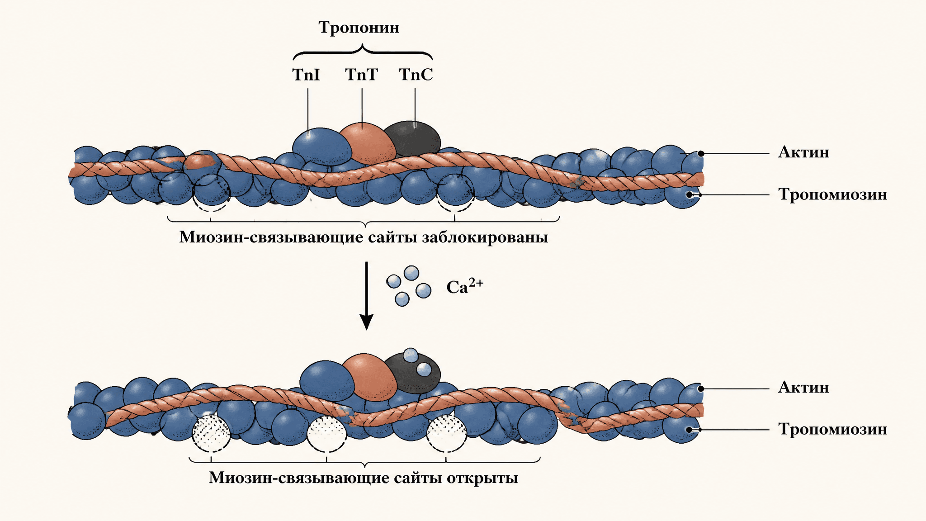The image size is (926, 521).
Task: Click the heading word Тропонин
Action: [359, 28]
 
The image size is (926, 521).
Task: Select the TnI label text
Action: [306, 75]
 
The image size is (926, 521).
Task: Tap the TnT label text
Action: [361, 75]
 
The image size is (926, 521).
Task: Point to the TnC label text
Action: [416, 75]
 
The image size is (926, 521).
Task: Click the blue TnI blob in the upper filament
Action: [321, 147]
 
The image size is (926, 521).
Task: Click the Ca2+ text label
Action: [465, 286]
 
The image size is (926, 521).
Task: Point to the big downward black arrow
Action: [366, 296]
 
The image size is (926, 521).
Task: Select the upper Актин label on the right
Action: [803, 152]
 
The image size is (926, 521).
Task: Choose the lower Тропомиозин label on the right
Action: [832, 429]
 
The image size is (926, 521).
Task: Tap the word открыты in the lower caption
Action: [482, 478]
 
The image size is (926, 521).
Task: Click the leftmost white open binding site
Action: [211, 432]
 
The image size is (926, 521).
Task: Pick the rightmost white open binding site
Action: [447, 433]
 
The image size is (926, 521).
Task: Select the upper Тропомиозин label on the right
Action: [832, 195]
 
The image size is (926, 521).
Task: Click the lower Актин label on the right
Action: [803, 388]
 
